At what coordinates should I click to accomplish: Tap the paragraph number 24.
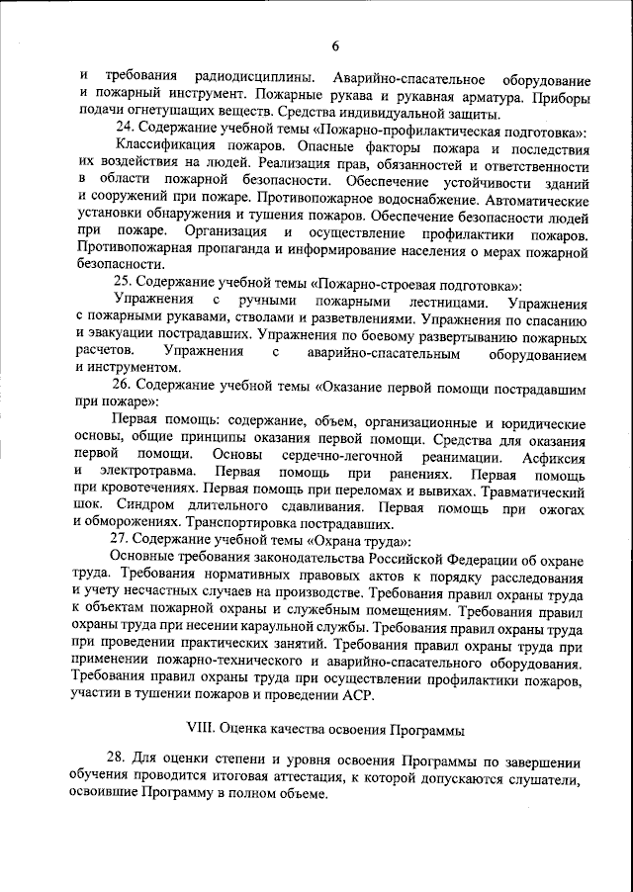[125, 131]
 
